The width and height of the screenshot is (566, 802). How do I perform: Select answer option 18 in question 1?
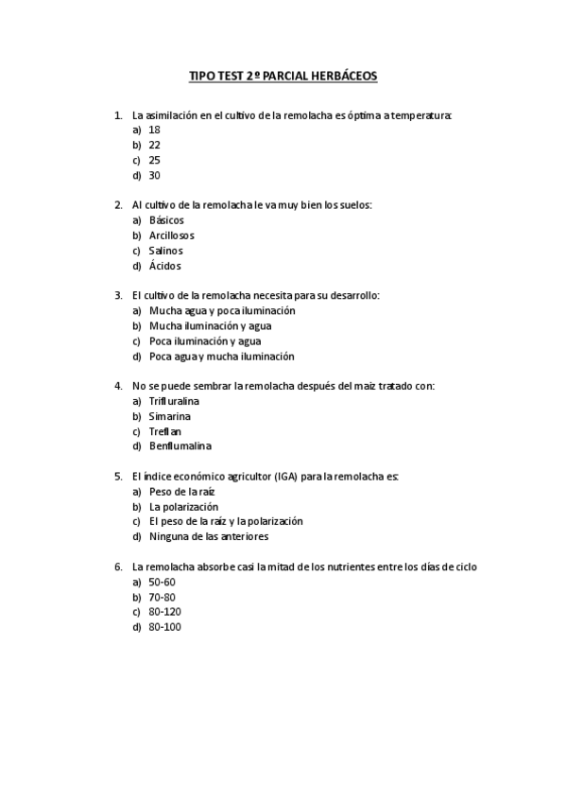tap(155, 130)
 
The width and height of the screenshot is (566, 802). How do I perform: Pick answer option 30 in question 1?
tap(155, 175)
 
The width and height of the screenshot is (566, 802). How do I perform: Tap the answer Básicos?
tap(166, 220)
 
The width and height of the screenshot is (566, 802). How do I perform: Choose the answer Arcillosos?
tap(172, 235)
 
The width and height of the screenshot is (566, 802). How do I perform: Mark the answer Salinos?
tap(166, 251)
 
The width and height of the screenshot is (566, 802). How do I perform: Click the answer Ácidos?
tap(165, 266)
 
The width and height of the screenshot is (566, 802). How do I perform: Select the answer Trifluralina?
tap(175, 401)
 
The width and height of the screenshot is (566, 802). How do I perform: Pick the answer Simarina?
tap(170, 416)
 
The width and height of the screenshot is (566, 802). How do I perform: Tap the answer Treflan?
tap(166, 431)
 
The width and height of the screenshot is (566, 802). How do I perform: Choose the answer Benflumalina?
tap(180, 446)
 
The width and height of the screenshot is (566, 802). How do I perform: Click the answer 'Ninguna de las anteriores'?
tap(209, 536)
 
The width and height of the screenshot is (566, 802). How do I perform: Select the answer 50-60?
tap(163, 582)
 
